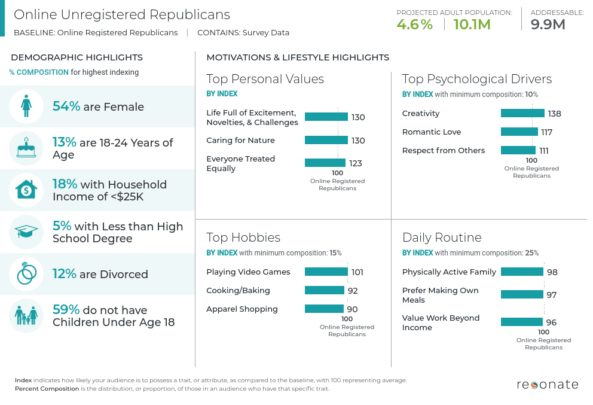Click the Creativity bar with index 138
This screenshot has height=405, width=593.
point(522,113)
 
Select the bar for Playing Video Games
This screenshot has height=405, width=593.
point(326,272)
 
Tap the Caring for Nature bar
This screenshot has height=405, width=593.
point(326,140)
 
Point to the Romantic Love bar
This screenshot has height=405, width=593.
point(519,132)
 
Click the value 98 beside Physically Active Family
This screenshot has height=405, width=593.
point(552,272)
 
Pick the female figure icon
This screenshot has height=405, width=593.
point(26,106)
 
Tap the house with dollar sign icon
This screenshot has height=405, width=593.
point(26,190)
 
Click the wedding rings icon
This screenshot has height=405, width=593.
point(26,274)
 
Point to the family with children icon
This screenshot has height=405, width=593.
point(26,316)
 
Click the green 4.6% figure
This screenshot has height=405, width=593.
point(414,25)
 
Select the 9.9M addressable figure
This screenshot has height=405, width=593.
point(548,25)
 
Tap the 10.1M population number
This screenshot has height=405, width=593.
point(472,25)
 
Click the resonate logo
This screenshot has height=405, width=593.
point(548,384)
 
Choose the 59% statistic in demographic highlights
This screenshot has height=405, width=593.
point(66,310)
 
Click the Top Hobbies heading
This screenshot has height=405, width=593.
point(243,237)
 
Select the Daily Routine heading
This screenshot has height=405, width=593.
point(442,237)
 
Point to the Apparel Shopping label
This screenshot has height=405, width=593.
point(242,309)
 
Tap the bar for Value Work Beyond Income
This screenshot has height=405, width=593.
point(522,322)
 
